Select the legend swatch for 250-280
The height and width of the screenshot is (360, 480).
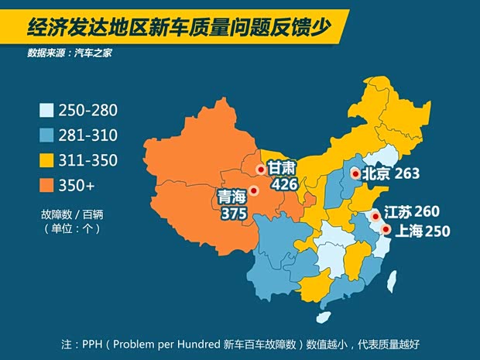[46, 111]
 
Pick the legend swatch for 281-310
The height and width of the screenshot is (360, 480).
[46, 135]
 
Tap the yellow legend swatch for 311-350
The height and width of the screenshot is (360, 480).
[46, 160]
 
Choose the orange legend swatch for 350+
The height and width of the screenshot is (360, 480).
[46, 186]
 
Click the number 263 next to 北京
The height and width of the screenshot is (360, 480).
[406, 174]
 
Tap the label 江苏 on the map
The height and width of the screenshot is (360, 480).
[398, 212]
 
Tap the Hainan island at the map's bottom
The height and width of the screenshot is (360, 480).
[322, 317]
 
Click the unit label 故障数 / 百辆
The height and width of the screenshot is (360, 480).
[70, 213]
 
